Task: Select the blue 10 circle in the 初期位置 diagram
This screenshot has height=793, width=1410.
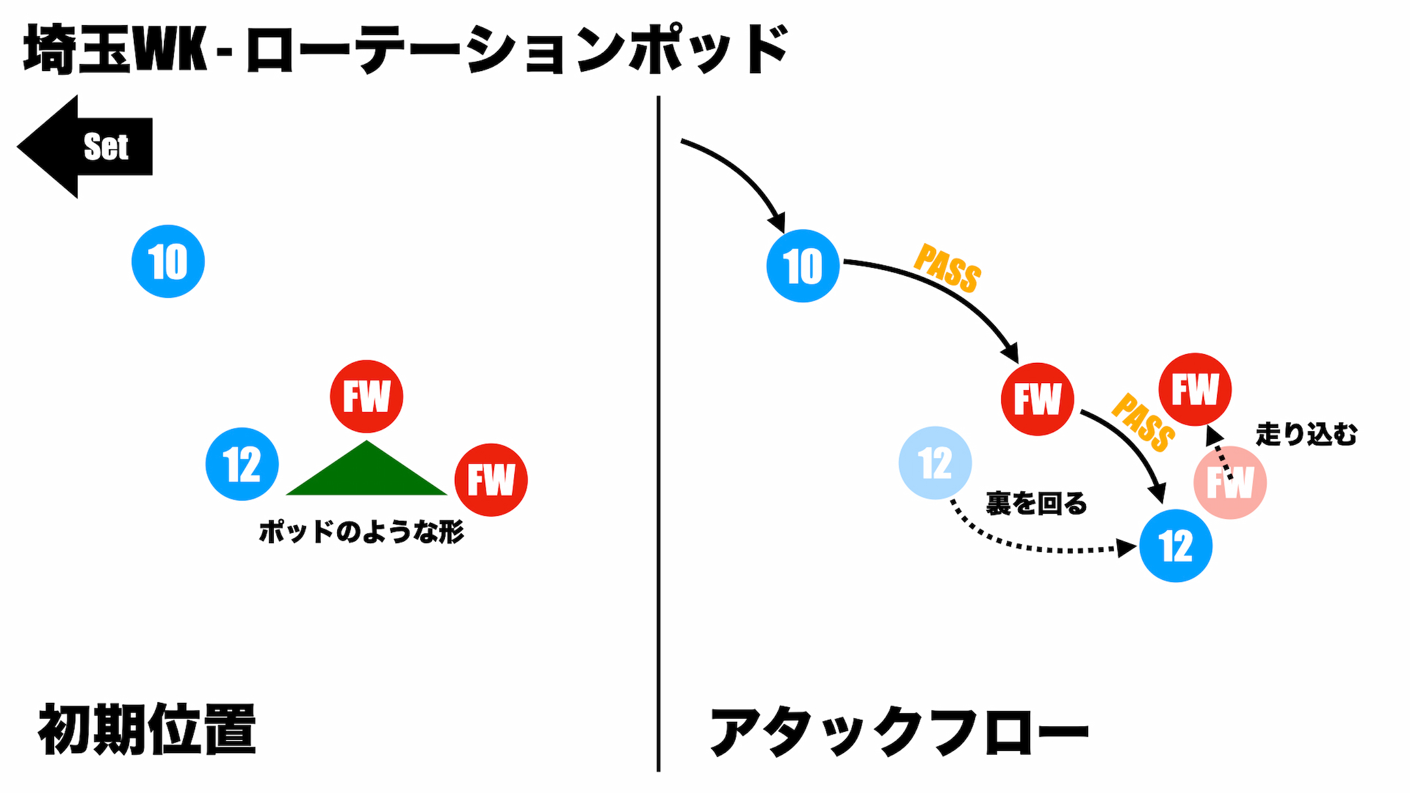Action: tap(168, 262)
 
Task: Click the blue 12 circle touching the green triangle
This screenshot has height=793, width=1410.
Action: tap(242, 464)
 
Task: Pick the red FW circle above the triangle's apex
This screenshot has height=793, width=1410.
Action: tap(366, 396)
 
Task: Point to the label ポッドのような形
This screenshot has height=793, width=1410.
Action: tap(361, 532)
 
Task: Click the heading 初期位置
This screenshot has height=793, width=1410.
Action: tap(146, 729)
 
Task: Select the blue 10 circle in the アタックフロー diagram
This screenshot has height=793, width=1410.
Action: tap(802, 266)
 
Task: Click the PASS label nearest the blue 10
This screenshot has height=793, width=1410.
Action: tap(948, 268)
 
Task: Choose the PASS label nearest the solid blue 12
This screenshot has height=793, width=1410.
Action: tap(1143, 422)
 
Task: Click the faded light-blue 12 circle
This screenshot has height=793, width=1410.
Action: tap(935, 463)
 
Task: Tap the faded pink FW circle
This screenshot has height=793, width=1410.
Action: tap(1230, 483)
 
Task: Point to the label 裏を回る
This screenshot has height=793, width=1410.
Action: tap(1036, 503)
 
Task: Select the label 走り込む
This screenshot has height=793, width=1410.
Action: tap(1306, 434)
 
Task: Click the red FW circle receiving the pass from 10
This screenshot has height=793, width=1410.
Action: tap(1037, 399)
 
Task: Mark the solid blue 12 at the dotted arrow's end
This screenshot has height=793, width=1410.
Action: tap(1175, 545)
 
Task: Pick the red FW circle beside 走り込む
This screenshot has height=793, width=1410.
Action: tap(1195, 389)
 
